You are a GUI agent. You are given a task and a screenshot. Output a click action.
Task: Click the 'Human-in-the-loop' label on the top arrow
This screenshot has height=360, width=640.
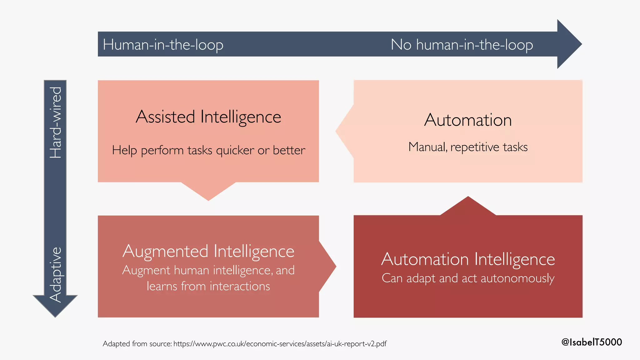click(163, 45)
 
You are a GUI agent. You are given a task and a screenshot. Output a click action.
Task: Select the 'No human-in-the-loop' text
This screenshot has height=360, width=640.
click(462, 45)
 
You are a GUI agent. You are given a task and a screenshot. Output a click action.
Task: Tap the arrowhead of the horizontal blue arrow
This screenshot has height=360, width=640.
click(569, 44)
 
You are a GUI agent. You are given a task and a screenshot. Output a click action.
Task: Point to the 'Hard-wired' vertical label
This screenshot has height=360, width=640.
click(56, 122)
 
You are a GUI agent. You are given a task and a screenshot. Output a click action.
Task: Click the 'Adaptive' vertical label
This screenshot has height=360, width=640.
click(56, 274)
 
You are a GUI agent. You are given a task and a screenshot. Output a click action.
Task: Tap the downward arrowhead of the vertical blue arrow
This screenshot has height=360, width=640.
click(55, 305)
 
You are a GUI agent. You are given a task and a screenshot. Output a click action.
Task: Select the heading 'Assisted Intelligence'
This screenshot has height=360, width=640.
click(208, 117)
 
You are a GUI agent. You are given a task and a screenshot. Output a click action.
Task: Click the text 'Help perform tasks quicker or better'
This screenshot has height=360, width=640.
click(208, 150)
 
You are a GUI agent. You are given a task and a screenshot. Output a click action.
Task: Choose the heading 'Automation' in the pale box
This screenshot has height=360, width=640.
click(468, 120)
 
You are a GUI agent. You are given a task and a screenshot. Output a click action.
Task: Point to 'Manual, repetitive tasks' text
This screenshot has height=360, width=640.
click(468, 147)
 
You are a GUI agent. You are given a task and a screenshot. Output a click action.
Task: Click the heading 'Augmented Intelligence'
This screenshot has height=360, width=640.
click(208, 251)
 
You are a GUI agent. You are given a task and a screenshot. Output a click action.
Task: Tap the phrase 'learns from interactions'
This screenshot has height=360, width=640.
click(208, 286)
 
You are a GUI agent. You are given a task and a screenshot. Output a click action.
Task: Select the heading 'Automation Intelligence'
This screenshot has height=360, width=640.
click(468, 259)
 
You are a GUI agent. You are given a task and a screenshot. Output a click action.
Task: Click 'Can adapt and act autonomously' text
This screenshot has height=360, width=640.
click(468, 278)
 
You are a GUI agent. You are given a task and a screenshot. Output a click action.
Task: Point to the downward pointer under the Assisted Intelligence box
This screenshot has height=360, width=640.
click(208, 190)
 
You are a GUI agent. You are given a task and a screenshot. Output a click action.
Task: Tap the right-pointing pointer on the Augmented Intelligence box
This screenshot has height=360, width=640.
click(327, 267)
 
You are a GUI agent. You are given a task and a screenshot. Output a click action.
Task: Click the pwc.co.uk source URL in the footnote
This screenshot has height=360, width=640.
click(280, 344)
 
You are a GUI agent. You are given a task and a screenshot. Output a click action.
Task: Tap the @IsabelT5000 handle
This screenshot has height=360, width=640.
click(591, 342)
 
